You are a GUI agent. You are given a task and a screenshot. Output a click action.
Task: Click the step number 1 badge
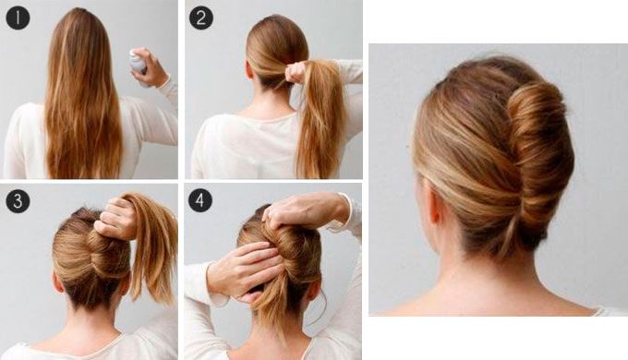coord(18,18)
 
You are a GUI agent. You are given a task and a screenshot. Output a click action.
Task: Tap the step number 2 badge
coord(200,18)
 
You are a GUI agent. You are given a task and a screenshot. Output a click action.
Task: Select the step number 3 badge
coord(18,201)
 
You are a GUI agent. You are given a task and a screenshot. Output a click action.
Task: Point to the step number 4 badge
coord(200,200)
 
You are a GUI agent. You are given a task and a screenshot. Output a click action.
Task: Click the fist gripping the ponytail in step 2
coord(296,72)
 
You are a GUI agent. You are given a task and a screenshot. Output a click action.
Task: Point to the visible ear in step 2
coord(249,69)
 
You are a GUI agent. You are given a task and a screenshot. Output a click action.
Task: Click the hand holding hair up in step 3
coord(116,218)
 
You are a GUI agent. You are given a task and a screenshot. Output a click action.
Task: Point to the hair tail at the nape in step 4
coord(272,308)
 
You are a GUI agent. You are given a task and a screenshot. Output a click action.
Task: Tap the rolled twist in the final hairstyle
coord(538,161)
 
